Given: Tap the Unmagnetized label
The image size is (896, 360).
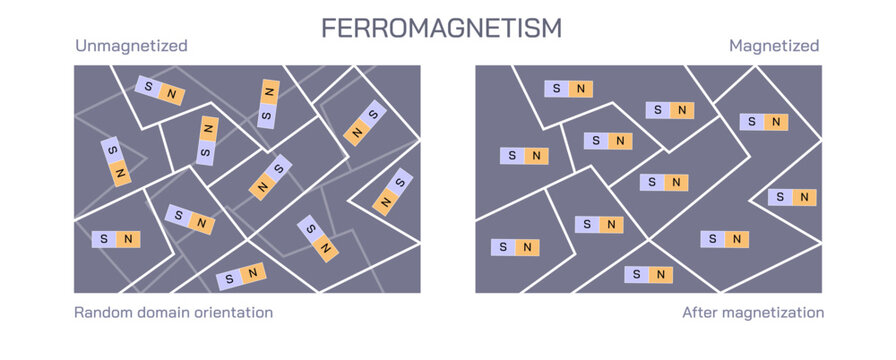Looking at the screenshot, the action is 131,46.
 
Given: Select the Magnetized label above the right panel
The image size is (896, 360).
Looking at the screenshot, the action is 774,46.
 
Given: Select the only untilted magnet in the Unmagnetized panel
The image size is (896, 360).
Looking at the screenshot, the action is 116,239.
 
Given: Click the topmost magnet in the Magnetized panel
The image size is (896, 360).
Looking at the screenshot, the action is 569,89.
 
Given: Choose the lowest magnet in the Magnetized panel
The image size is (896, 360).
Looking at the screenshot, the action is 648,274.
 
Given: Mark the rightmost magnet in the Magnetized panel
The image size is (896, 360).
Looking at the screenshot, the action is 792,197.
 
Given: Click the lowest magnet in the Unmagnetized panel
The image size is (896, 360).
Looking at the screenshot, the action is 241,275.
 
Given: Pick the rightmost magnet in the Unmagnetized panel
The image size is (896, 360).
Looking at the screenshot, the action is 393,193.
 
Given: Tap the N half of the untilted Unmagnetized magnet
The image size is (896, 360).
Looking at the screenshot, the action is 128,239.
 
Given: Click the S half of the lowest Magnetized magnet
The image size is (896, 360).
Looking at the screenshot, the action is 636,274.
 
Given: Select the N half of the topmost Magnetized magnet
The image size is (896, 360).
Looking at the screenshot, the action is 581,89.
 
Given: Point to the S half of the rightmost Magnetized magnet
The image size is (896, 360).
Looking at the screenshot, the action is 780,197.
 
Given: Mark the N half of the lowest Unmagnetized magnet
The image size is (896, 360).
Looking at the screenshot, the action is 253,272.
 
